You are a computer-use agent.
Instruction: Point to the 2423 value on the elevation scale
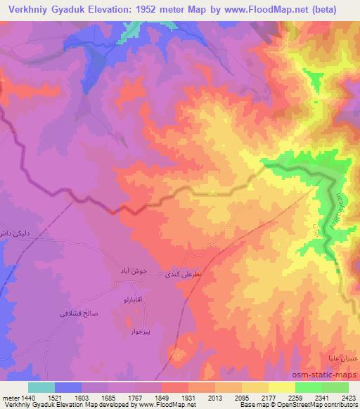348,397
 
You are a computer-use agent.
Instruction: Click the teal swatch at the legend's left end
41,387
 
